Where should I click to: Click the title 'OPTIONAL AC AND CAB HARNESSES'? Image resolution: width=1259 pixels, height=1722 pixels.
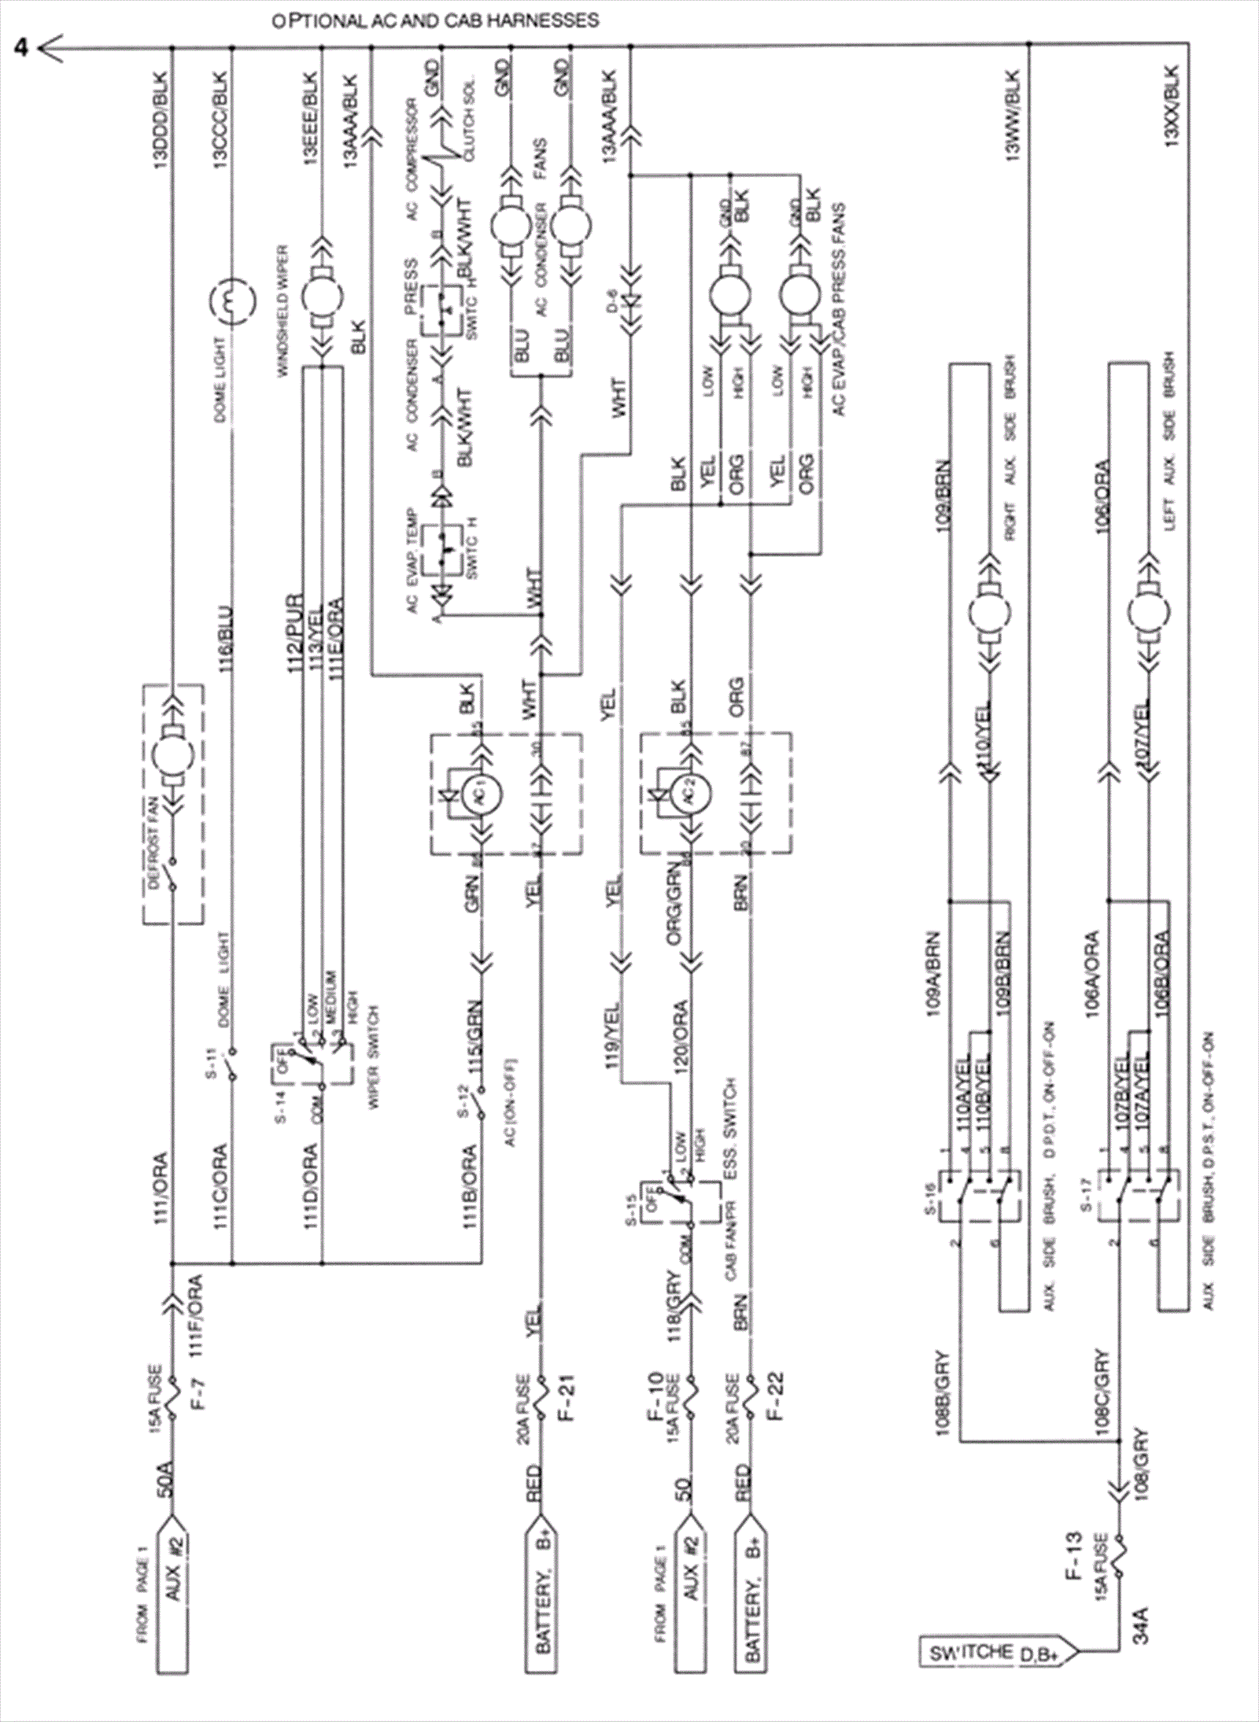435,21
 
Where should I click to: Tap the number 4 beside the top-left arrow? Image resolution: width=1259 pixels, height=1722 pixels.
22,49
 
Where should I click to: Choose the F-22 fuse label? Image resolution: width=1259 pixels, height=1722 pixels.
778,1397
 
